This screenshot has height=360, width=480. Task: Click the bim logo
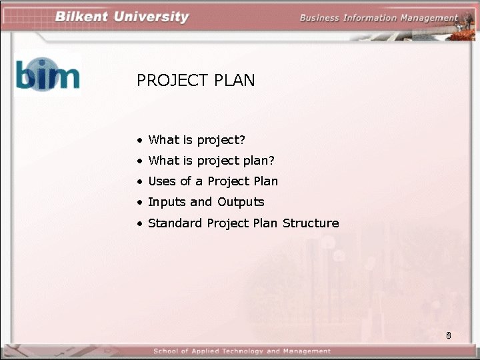pyautogui.click(x=47, y=75)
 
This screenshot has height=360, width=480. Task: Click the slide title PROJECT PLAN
pyautogui.click(x=195, y=81)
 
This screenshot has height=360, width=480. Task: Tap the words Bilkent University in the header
pyautogui.click(x=122, y=17)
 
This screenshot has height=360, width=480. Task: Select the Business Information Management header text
pyautogui.click(x=379, y=18)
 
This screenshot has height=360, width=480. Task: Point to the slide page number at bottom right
pyautogui.click(x=449, y=335)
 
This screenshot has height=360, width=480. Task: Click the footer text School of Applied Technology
pyautogui.click(x=241, y=351)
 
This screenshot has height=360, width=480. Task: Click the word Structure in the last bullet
pyautogui.click(x=311, y=223)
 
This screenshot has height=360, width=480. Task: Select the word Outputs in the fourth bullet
pyautogui.click(x=241, y=202)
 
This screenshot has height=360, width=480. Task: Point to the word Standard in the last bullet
pyautogui.click(x=175, y=223)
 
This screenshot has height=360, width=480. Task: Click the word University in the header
pyautogui.click(x=151, y=17)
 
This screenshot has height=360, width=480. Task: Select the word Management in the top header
pyautogui.click(x=429, y=18)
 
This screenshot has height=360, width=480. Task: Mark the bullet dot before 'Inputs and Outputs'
pyautogui.click(x=140, y=203)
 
